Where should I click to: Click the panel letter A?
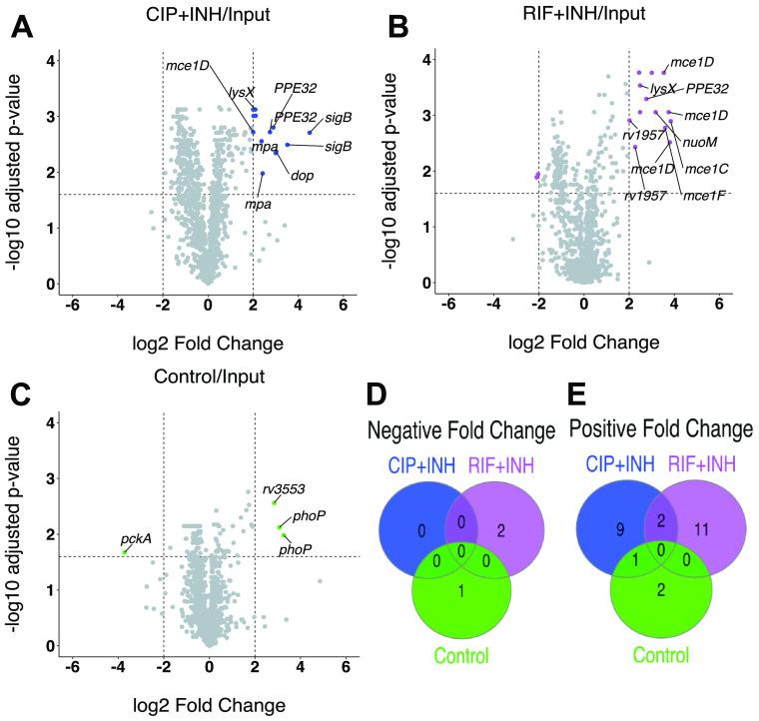pos(21,28)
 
